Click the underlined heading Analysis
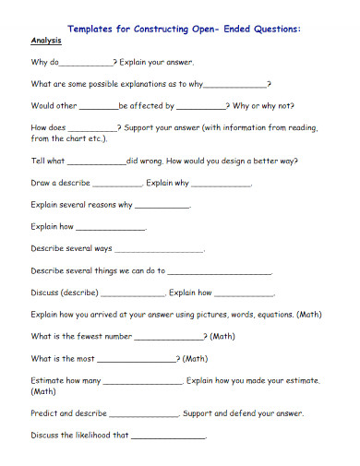[46, 42]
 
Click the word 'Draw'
[42, 182]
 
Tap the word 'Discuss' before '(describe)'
[45, 293]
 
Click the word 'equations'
[271, 315]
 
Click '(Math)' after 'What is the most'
[195, 358]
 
